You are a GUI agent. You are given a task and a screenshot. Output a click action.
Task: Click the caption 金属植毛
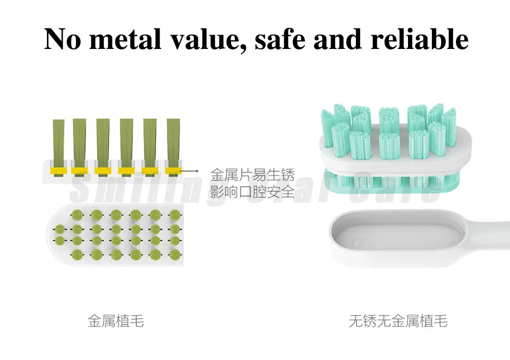[x=116, y=321]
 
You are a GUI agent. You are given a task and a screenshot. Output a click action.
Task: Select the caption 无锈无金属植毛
[x=398, y=321]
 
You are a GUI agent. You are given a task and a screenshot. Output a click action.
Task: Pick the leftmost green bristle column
[x=59, y=140]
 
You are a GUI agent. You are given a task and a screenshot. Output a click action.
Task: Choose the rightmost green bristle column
[x=174, y=140]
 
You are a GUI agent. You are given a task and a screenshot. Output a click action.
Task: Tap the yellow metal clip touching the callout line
[x=174, y=170]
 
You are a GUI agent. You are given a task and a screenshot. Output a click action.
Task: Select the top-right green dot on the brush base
[x=174, y=214]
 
